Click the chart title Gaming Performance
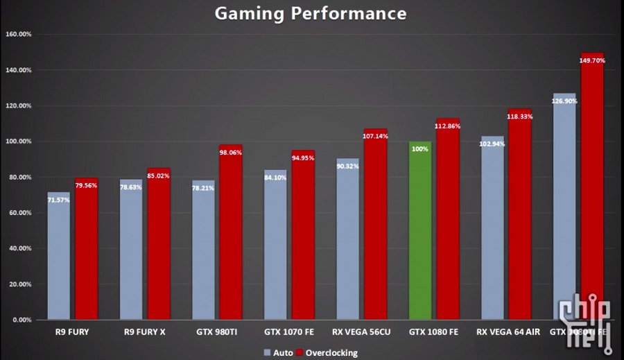click(310, 13)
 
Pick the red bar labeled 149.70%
click(592, 187)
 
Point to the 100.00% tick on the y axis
click(18, 142)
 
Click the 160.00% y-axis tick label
click(18, 34)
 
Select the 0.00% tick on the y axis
click(19, 320)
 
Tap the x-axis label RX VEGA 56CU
click(362, 332)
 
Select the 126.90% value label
click(564, 101)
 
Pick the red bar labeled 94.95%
click(303, 236)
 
